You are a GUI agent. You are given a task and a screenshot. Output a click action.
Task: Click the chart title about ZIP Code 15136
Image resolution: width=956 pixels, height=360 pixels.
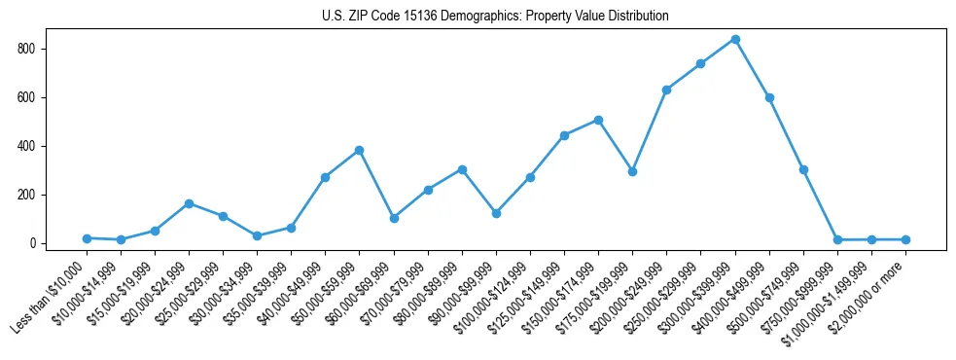[495, 17]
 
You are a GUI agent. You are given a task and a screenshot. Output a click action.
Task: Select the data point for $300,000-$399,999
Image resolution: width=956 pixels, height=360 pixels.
[735, 39]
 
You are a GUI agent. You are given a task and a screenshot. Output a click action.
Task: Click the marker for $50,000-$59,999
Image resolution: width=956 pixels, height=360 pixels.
[359, 150]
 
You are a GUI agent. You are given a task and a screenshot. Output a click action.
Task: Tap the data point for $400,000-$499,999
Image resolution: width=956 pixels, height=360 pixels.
[769, 97]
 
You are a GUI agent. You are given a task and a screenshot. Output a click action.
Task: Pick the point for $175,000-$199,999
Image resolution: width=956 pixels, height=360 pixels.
[632, 171]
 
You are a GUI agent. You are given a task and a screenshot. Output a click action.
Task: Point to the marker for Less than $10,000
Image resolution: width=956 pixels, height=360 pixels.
[87, 238]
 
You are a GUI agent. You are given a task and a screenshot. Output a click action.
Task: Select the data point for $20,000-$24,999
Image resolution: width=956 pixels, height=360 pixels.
[189, 203]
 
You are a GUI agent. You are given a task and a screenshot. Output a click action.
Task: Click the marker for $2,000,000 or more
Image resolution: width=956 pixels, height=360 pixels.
[905, 239]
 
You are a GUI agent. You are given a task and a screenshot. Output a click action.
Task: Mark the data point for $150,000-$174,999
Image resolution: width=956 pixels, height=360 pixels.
[598, 120]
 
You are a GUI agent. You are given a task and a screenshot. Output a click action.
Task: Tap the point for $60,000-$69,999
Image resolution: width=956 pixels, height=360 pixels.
[394, 218]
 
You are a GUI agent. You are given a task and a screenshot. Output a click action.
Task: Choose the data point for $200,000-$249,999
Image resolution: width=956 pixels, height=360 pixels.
[666, 90]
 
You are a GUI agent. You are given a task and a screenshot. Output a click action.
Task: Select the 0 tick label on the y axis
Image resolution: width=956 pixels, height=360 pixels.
[34, 243]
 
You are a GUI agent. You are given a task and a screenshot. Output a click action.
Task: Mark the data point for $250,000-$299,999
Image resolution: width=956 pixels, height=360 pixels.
[700, 63]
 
